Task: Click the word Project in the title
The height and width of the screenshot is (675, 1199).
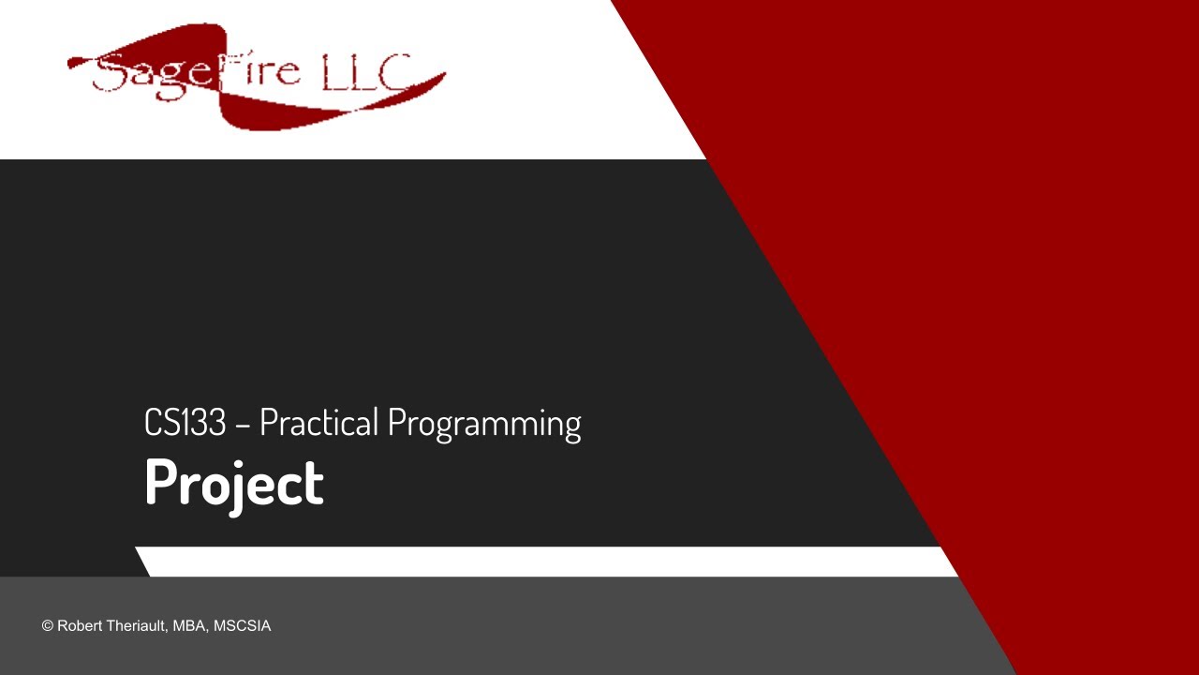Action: [x=233, y=483]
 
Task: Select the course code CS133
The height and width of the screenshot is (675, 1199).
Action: [x=185, y=423]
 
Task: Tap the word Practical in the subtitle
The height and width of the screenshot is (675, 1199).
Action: [x=318, y=423]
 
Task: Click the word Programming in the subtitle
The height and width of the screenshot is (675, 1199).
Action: [x=483, y=424]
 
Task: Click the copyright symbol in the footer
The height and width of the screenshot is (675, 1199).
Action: [x=47, y=626]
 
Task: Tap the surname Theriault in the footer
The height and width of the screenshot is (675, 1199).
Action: [x=137, y=626]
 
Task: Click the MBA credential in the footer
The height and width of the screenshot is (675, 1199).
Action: [x=191, y=626]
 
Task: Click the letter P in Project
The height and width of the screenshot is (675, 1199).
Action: [x=160, y=483]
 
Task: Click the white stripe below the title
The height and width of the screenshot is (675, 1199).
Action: [x=543, y=562]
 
